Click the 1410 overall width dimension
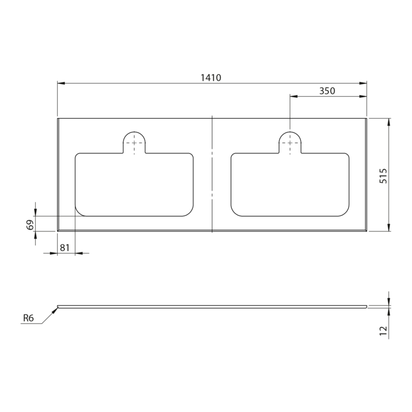[211, 78]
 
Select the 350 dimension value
[327, 91]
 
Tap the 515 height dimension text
[383, 176]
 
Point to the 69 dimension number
[30, 225]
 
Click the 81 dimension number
[65, 248]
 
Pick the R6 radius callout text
[29, 318]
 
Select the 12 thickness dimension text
[383, 331]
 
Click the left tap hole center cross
[134, 143]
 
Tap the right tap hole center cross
[290, 143]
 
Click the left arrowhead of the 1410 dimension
[61, 83]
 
